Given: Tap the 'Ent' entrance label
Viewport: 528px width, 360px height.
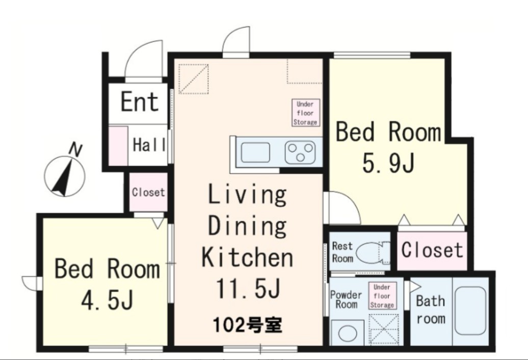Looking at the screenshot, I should click(139, 101).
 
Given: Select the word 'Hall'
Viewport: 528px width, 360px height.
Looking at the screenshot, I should click(149, 145).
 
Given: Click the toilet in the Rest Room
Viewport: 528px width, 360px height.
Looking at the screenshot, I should click(369, 253).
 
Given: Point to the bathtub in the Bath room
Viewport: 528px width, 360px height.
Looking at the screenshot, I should click(470, 311).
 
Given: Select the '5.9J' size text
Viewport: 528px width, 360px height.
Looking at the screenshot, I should click(388, 163).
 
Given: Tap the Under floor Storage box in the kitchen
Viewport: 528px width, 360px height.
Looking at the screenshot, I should click(305, 113).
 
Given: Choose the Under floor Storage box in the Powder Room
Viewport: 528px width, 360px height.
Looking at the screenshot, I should click(382, 296).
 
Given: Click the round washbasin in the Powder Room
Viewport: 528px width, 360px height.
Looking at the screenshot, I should click(348, 334).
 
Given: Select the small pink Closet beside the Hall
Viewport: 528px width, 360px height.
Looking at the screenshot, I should click(148, 192).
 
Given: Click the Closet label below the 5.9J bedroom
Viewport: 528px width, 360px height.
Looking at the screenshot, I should click(432, 250).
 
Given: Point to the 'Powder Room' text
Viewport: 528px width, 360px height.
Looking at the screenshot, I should click(346, 299).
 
